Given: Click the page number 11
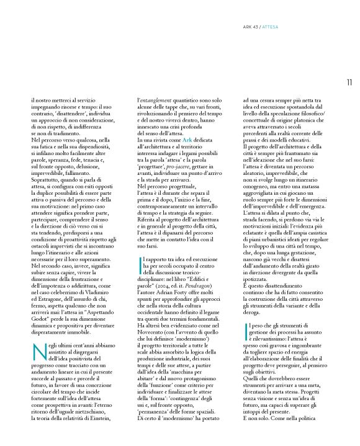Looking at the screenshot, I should point(349,81).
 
